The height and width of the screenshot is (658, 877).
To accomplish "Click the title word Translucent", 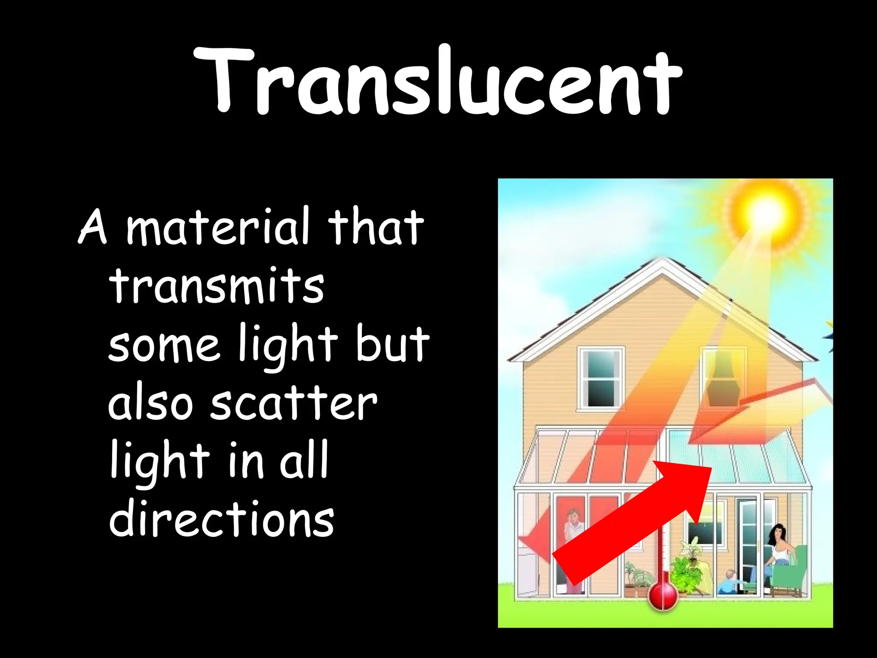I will click(x=438, y=81).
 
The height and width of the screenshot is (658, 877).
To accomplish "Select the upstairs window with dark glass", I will click(x=600, y=378).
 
